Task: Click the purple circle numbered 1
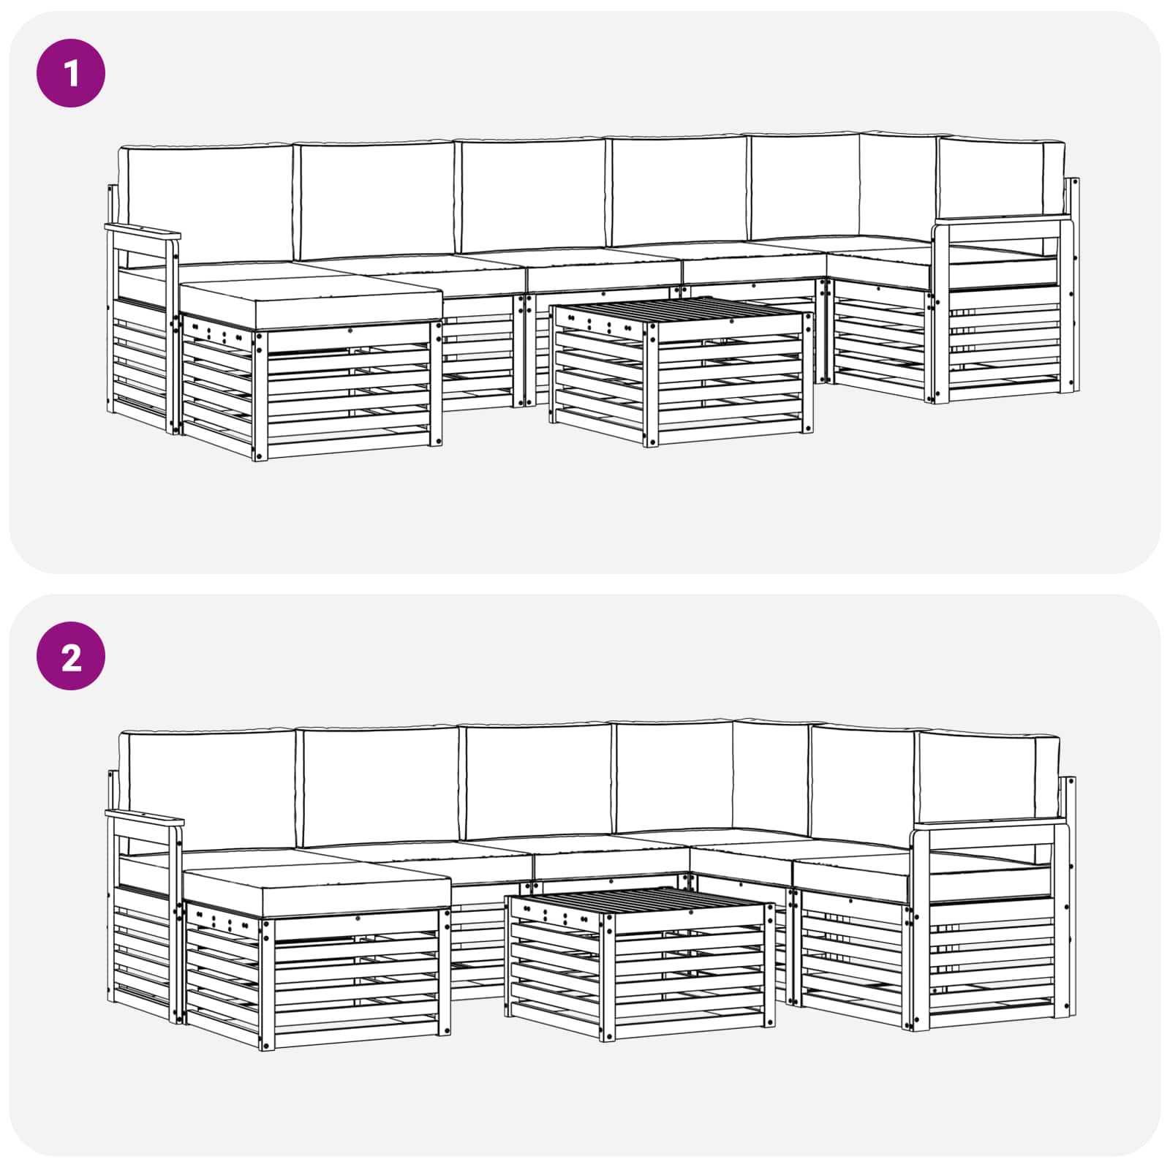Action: click(71, 73)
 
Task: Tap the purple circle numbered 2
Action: click(71, 657)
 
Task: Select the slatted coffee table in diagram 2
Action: click(640, 958)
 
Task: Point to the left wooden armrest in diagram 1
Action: click(143, 233)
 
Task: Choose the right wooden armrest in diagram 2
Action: click(984, 828)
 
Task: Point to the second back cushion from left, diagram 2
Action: click(380, 786)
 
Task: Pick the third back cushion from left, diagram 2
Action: click(538, 781)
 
